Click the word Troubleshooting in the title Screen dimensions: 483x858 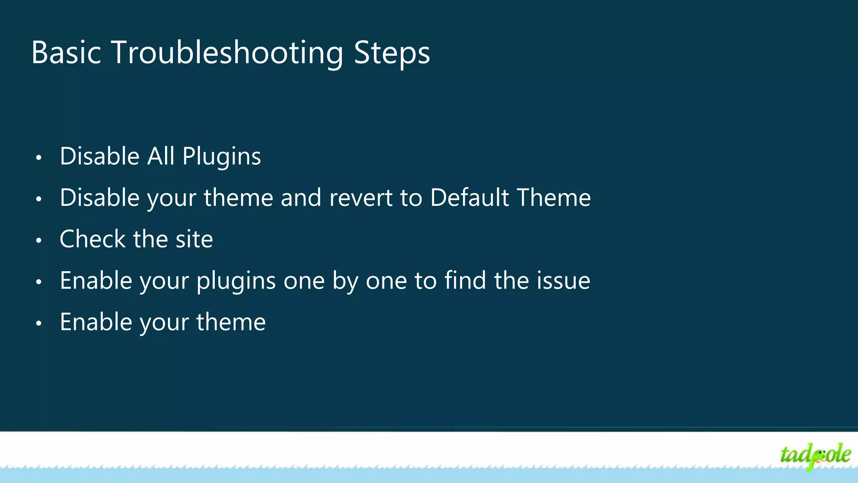pyautogui.click(x=227, y=53)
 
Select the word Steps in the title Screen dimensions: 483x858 pyautogui.click(x=392, y=53)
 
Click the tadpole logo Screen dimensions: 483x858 pyautogui.click(x=815, y=456)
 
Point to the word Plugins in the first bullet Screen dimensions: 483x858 pyautogui.click(x=222, y=157)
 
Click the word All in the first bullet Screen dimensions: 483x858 pyautogui.click(x=160, y=156)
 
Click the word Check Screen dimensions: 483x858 pyautogui.click(x=93, y=239)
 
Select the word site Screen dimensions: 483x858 pyautogui.click(x=194, y=239)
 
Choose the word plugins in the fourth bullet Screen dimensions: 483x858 pyautogui.click(x=236, y=281)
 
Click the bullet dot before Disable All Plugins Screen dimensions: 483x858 pyautogui.click(x=39, y=158)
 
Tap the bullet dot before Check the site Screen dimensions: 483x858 pyautogui.click(x=39, y=241)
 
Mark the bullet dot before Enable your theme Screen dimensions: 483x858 pyautogui.click(x=39, y=323)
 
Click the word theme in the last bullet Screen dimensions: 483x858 pyautogui.click(x=231, y=322)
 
